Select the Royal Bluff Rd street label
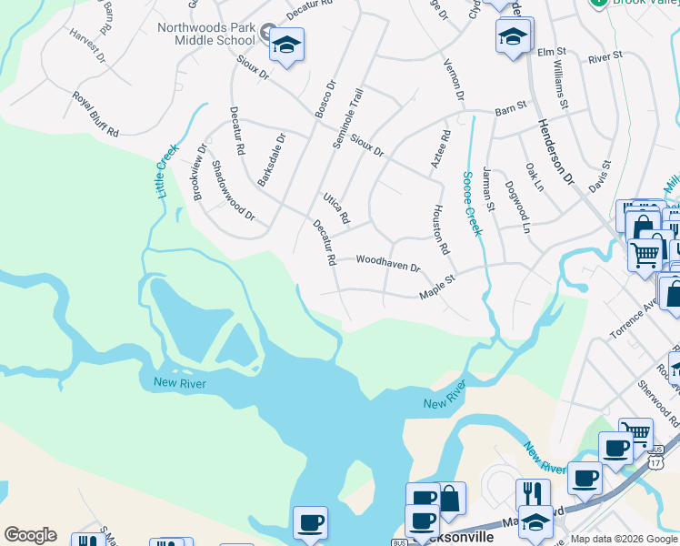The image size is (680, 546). [96, 115]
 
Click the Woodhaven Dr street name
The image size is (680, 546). [388, 264]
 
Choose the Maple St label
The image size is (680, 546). [436, 290]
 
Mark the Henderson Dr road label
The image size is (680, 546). [555, 151]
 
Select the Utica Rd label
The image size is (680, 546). [336, 208]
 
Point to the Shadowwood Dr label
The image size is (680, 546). [233, 191]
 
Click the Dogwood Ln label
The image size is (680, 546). [517, 210]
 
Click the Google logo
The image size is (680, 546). [30, 535]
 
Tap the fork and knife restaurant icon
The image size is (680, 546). [533, 493]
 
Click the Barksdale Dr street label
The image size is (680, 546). [271, 160]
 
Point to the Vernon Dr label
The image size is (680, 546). [454, 79]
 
